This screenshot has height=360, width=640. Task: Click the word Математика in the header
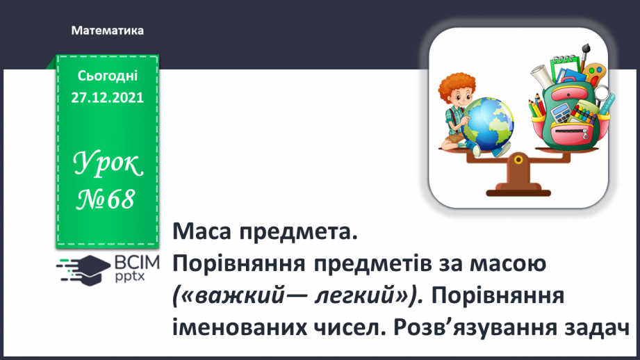[107, 31]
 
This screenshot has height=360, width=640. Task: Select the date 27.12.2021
[107, 98]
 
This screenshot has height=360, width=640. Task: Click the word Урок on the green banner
[108, 165]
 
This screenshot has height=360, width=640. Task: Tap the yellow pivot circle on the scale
[517, 159]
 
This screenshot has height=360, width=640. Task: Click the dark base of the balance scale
[517, 186]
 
